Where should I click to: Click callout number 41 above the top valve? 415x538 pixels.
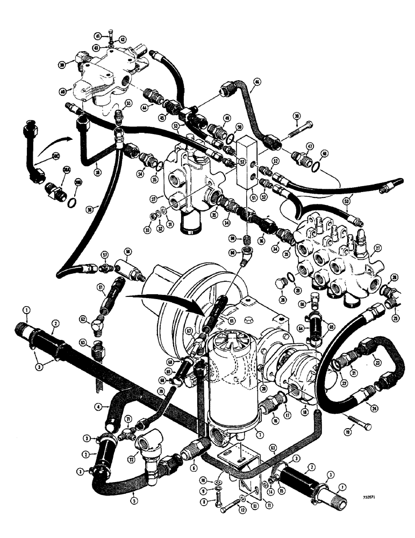point(98,36)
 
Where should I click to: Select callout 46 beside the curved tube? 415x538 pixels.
point(257,82)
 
